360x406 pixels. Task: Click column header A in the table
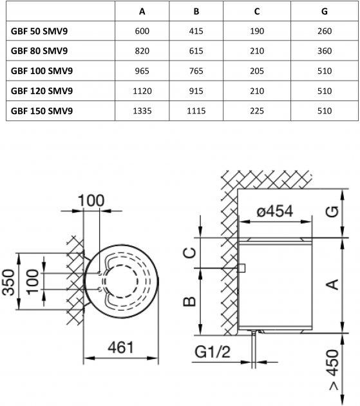point(142,12)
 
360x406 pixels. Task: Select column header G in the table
point(325,12)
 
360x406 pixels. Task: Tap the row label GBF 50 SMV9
point(39,31)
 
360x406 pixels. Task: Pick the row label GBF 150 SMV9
point(42,111)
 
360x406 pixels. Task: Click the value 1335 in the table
point(142,111)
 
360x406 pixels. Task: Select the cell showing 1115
point(196,111)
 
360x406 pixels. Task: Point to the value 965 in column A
point(142,71)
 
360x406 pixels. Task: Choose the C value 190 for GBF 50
point(257,31)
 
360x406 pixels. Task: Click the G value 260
point(325,31)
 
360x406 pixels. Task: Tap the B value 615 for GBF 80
point(196,51)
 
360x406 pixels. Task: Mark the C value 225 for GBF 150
point(257,111)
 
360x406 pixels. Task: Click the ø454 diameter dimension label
point(275,211)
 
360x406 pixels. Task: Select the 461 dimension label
point(121,347)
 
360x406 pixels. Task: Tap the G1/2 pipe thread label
point(213,352)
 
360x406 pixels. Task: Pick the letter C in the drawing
point(190,253)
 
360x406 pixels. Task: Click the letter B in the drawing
point(190,302)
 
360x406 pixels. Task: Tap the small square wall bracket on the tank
point(242,268)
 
